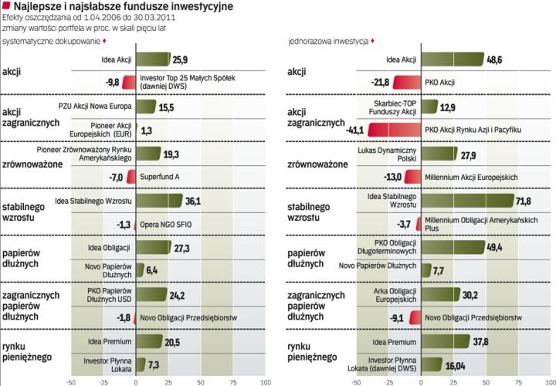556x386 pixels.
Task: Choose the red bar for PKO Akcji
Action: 406,82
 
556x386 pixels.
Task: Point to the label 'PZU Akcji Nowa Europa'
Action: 95,106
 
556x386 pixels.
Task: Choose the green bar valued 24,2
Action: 151,294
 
